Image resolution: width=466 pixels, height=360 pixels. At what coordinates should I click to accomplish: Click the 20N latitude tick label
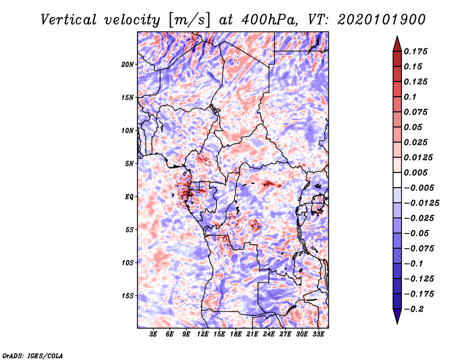tap(127, 65)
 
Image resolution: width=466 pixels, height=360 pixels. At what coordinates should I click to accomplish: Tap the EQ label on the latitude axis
tap(129, 197)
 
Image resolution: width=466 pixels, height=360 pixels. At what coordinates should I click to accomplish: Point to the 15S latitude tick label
tap(127, 296)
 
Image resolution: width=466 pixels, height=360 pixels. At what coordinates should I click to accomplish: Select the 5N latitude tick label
tap(129, 164)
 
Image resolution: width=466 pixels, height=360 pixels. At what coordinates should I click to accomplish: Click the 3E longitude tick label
tap(153, 334)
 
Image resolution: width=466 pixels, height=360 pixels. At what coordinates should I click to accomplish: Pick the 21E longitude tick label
tap(252, 334)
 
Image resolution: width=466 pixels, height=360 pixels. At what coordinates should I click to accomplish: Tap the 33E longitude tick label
tap(318, 334)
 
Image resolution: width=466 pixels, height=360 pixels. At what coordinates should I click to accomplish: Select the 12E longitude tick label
tap(203, 334)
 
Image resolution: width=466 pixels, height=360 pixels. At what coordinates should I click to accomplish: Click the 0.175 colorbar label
tap(416, 51)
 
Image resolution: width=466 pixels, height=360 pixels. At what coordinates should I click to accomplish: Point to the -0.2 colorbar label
tap(414, 309)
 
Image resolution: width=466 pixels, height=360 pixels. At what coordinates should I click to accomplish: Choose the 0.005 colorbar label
tap(416, 172)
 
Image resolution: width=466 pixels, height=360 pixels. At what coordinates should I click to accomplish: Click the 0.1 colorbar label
tap(410, 97)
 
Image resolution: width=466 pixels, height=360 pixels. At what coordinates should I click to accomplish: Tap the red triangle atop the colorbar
tap(397, 44)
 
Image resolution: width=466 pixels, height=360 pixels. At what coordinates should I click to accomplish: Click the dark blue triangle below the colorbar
tap(397, 316)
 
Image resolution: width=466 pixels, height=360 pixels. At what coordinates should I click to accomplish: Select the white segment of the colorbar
tap(397, 180)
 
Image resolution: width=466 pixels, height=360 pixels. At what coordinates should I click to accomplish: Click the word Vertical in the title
tap(69, 20)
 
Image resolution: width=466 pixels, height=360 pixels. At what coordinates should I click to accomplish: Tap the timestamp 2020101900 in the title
tap(382, 20)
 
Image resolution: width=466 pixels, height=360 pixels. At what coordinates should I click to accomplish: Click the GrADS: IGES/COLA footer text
tap(33, 356)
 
